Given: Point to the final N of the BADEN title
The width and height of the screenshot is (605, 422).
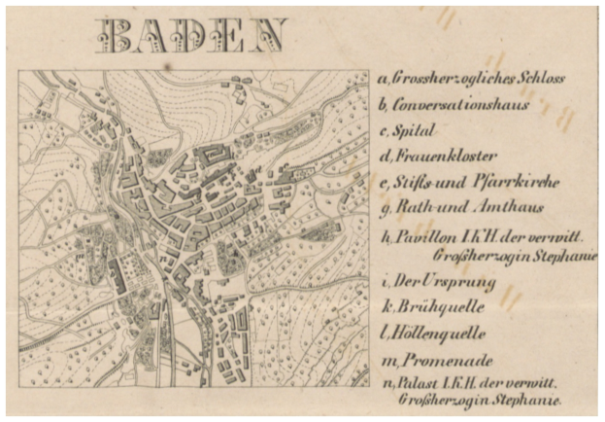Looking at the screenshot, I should coord(269,35).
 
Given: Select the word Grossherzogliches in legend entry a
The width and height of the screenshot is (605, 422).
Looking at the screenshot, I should coord(450,78).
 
